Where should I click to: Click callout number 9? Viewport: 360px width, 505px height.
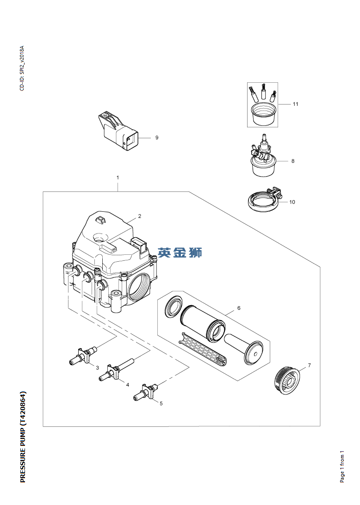point(157,138)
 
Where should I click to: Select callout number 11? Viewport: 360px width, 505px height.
point(295,104)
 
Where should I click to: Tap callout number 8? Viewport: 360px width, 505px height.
point(292,161)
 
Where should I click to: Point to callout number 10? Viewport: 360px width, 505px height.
point(292,202)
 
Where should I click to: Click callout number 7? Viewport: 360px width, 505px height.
point(310,365)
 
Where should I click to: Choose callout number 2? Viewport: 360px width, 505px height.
point(140,216)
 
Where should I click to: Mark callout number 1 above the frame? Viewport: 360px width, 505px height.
point(118,178)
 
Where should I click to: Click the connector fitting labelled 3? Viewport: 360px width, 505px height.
point(82,356)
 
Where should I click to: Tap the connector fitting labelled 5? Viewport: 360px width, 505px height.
point(147,391)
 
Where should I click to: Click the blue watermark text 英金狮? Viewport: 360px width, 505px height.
point(180,252)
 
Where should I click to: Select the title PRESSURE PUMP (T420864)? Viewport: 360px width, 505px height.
point(23,437)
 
